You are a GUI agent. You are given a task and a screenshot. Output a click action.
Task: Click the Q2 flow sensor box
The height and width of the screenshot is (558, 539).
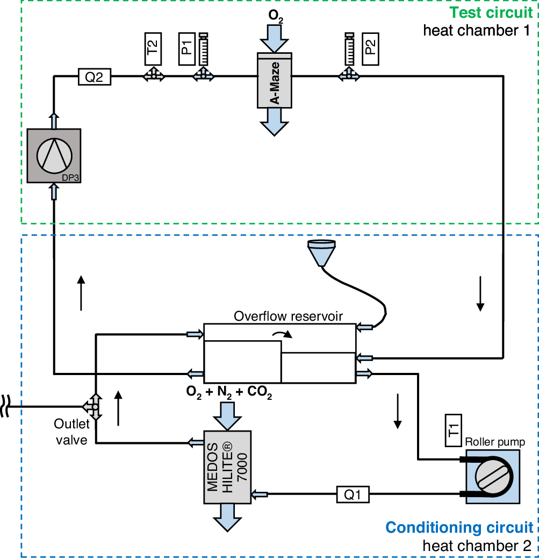click(95, 77)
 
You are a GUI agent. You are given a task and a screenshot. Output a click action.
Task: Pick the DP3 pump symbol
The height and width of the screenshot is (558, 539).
click(54, 156)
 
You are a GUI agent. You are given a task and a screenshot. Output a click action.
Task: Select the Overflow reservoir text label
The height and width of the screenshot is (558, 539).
click(288, 316)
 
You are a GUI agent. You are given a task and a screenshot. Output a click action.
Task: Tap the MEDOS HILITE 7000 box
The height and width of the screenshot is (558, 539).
click(227, 467)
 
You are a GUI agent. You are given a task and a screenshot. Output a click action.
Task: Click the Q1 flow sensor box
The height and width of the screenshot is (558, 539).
click(353, 494)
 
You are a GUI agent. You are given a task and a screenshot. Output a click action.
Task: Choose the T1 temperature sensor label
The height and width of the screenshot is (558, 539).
click(454, 430)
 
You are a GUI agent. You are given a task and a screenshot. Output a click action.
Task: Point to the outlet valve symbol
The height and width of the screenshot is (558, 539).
click(95, 406)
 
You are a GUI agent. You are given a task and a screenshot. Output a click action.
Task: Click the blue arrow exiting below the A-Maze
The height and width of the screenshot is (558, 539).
click(275, 125)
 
